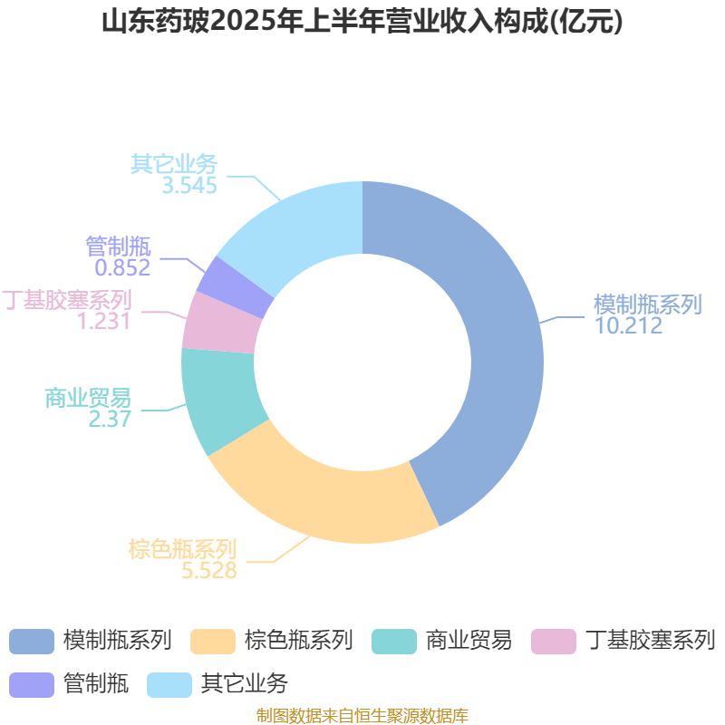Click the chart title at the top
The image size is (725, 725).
click(x=362, y=22)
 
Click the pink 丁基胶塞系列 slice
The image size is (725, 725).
click(x=221, y=324)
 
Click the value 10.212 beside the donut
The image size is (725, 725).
click(x=628, y=325)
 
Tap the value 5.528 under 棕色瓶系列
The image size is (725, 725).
click(x=209, y=570)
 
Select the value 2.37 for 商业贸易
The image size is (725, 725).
click(x=110, y=419)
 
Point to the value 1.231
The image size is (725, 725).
click(x=103, y=321)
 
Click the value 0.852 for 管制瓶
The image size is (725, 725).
click(x=122, y=267)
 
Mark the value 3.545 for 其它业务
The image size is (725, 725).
click(x=189, y=186)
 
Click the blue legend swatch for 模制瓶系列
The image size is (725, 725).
click(x=32, y=642)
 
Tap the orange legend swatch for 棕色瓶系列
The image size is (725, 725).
click(x=213, y=642)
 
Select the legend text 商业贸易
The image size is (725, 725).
click(x=469, y=641)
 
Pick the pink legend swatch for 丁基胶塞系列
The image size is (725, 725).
click(x=554, y=642)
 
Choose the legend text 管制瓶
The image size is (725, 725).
click(x=96, y=684)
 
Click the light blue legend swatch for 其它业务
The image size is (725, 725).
click(x=169, y=685)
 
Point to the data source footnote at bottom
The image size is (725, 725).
click(x=362, y=715)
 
